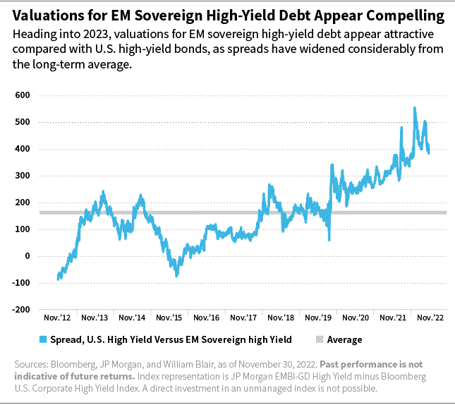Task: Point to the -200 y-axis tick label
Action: pyautogui.click(x=20, y=310)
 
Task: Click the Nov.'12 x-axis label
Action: pyautogui.click(x=56, y=318)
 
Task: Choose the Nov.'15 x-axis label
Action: pyautogui.click(x=169, y=318)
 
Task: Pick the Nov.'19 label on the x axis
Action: pyautogui.click(x=318, y=318)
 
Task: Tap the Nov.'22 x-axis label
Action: pyautogui.click(x=430, y=318)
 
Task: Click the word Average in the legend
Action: pyautogui.click(x=344, y=340)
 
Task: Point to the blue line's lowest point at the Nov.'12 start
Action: pyautogui.click(x=58, y=279)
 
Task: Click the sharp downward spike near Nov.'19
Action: pyautogui.click(x=329, y=239)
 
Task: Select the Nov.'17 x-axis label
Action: pyautogui.click(x=243, y=318)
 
